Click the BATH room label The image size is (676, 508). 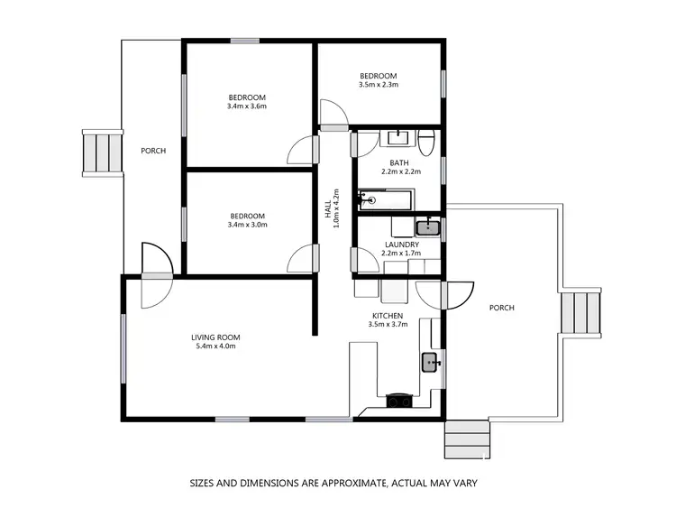click(x=399, y=163)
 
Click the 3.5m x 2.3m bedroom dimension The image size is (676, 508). click(x=379, y=86)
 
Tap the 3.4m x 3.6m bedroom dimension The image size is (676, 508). click(x=247, y=106)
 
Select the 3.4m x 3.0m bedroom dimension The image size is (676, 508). click(x=247, y=226)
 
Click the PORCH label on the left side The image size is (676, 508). click(x=153, y=151)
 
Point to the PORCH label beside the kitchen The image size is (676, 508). click(x=501, y=308)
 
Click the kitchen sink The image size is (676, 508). click(x=431, y=363)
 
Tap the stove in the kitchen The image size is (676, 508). click(x=396, y=401)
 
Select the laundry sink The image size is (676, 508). click(x=428, y=226)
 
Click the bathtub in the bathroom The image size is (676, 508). click(x=386, y=200)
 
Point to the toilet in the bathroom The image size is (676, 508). click(x=427, y=141)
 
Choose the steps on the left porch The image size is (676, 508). click(x=101, y=152)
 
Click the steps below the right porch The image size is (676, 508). click(x=468, y=439)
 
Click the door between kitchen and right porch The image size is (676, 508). click(x=457, y=294)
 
